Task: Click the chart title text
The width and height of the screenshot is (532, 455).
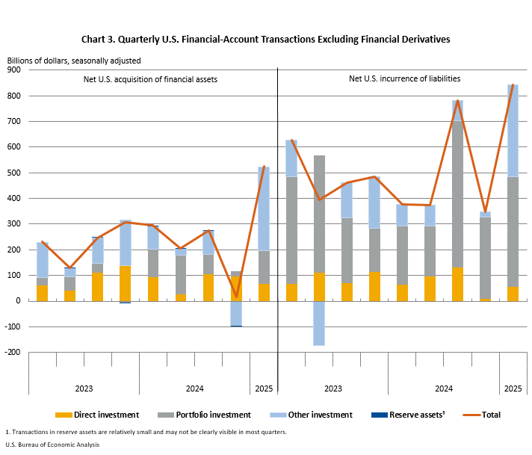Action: point(265,39)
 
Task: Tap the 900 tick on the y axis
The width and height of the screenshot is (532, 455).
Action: point(14,69)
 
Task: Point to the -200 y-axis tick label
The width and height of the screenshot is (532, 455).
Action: point(13,352)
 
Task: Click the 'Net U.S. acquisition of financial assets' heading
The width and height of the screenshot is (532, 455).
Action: point(150,78)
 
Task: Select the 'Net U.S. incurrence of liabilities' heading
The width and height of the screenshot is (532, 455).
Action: point(404,78)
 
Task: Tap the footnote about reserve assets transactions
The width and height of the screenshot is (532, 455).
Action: point(146,432)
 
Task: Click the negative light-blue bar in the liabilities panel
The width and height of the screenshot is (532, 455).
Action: point(319,323)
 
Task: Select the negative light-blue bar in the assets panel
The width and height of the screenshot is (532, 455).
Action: point(236,313)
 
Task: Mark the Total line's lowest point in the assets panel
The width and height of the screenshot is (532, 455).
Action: point(236,297)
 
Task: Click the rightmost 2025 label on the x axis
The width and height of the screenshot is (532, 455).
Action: point(513,389)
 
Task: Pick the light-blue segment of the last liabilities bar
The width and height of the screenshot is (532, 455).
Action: point(513,131)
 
